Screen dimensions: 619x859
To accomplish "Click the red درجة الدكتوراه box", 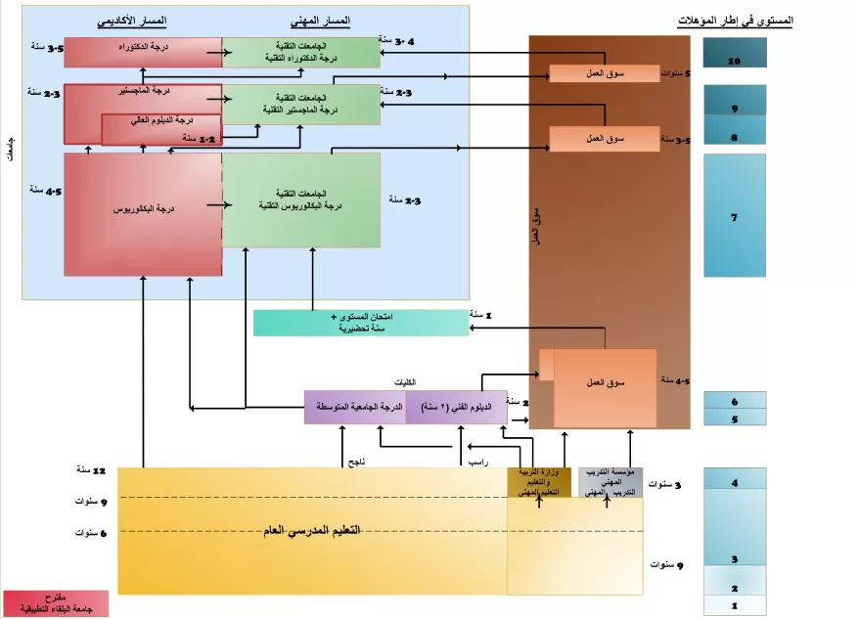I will pos(143,52).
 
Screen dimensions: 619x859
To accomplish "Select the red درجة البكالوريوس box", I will pos(143,213).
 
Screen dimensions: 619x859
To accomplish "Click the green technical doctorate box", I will pos(301,52).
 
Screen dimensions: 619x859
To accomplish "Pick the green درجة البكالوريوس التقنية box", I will pos(301,200).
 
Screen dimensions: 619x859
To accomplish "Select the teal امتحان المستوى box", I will pos(360,323).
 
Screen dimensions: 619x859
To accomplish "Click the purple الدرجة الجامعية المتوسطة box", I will pos(354,407).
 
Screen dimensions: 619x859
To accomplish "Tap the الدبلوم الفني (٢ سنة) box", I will pos(455,407).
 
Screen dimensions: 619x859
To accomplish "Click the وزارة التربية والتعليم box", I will pos(538,482).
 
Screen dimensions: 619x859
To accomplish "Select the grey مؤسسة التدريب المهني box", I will pos(610,482).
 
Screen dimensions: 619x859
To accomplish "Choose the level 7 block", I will pos(734,215).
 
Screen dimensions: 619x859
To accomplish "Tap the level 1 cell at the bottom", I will pos(734,607).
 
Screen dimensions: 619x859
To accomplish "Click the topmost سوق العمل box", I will pos(604,73).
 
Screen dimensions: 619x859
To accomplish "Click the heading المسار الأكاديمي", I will pos(132,21).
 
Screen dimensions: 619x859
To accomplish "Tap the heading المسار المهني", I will pos(320,21).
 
